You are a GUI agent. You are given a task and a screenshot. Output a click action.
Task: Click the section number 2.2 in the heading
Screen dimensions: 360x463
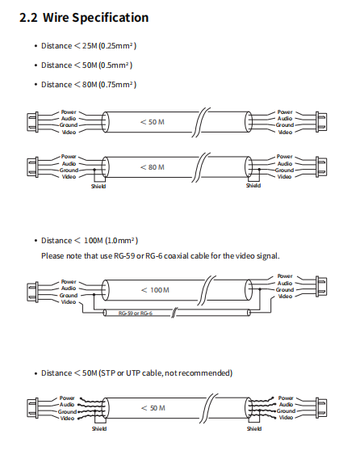click(x=28, y=18)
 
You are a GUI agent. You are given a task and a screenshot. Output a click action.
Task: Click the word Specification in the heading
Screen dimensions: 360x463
click(x=111, y=18)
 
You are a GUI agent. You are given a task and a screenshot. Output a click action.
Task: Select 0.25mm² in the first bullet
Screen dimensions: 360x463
click(x=117, y=46)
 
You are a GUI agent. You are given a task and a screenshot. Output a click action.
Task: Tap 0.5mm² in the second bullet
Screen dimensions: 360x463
click(x=115, y=65)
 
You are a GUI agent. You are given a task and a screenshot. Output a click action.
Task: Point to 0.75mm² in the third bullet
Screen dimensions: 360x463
click(x=117, y=85)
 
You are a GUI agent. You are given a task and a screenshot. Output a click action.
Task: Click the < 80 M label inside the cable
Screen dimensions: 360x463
click(x=153, y=167)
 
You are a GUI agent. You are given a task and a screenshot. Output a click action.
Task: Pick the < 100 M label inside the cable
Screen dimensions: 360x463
click(x=155, y=290)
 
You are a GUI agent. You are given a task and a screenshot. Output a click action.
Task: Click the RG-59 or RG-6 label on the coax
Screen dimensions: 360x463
click(x=136, y=314)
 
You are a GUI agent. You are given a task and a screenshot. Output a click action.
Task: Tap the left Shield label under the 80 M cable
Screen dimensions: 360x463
click(x=98, y=187)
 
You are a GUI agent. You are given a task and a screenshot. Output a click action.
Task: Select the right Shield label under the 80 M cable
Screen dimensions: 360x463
click(x=253, y=185)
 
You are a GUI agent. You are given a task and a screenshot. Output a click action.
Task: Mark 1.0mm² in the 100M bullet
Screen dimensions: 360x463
click(x=120, y=241)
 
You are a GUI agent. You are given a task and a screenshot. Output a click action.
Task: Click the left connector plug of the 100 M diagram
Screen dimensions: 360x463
click(x=32, y=292)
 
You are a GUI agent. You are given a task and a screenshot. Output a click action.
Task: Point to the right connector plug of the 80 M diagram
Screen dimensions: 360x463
click(x=321, y=166)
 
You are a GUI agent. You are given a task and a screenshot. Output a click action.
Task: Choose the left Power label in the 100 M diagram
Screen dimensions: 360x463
click(x=69, y=282)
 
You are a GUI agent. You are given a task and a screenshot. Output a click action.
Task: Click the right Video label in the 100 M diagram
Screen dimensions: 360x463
click(x=285, y=297)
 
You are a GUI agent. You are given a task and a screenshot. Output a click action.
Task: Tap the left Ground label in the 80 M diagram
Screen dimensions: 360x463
click(x=69, y=170)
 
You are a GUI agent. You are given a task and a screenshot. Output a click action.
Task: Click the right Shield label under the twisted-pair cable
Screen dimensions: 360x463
click(x=254, y=428)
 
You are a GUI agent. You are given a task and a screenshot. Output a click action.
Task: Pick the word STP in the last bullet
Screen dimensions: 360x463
click(x=108, y=373)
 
